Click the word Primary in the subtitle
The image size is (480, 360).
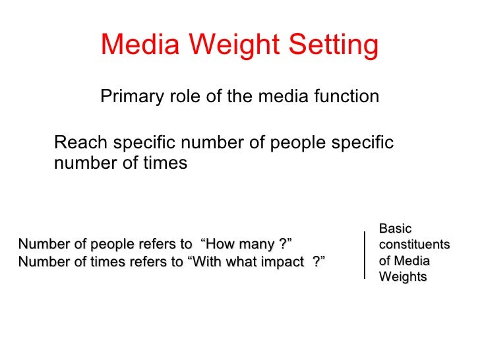129,97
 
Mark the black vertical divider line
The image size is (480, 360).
365,255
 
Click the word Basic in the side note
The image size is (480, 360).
395,229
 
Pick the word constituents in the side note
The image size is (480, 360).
414,245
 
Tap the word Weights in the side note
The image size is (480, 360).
402,277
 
